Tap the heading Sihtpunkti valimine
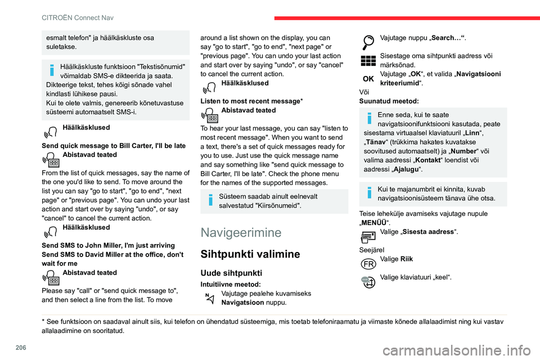[250, 254]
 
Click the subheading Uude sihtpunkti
[231, 272]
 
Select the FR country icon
[368, 263]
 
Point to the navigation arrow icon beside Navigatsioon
[209, 298]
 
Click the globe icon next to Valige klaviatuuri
[368, 281]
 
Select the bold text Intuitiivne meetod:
[230, 285]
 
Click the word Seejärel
[371, 249]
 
